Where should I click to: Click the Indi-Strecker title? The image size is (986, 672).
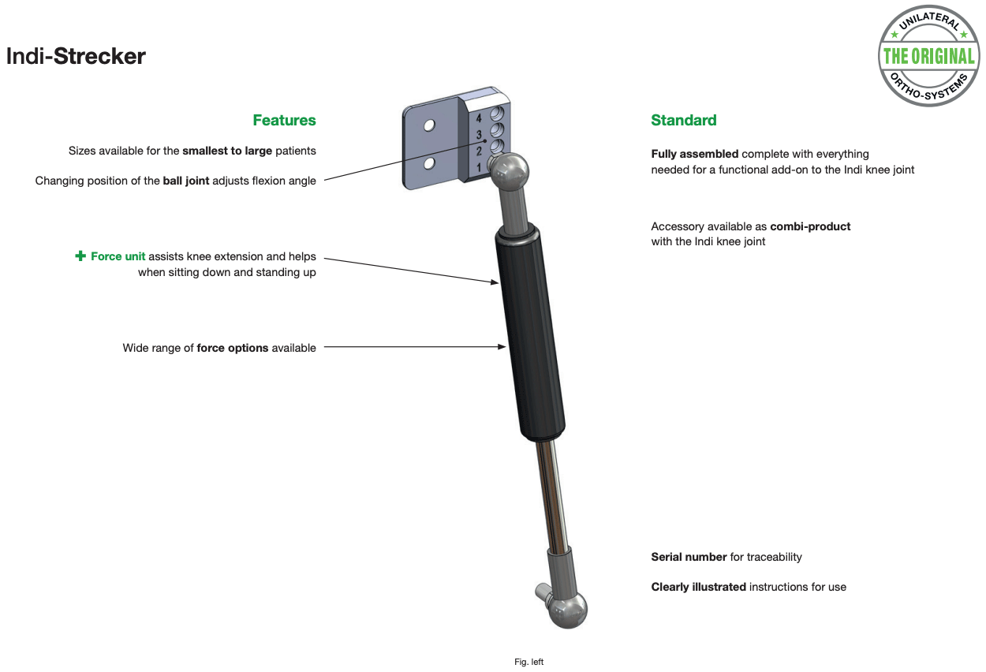tap(76, 56)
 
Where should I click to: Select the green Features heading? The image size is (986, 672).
tap(284, 120)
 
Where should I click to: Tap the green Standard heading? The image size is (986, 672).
tap(684, 120)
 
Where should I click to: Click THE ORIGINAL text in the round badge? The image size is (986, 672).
tap(928, 56)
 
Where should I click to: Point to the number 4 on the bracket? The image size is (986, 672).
tap(479, 118)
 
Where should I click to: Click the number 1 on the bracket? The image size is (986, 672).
tap(479, 168)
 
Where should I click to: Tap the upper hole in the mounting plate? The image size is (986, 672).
tap(429, 125)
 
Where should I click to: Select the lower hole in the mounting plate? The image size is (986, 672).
tap(429, 164)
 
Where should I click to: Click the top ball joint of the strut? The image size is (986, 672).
tap(510, 171)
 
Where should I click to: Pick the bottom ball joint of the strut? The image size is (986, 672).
tap(567, 610)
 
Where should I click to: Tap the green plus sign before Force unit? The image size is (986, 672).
tap(80, 256)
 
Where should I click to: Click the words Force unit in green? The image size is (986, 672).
tap(118, 256)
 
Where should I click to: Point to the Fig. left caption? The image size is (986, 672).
tap(528, 662)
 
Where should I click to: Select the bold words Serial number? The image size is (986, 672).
tap(689, 557)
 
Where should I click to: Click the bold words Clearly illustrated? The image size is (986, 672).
tap(699, 587)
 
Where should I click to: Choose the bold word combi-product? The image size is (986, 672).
tap(810, 226)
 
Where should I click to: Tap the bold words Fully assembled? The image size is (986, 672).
tap(695, 154)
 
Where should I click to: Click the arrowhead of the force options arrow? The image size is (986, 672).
tap(502, 347)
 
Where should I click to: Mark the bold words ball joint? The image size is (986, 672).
tap(185, 181)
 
